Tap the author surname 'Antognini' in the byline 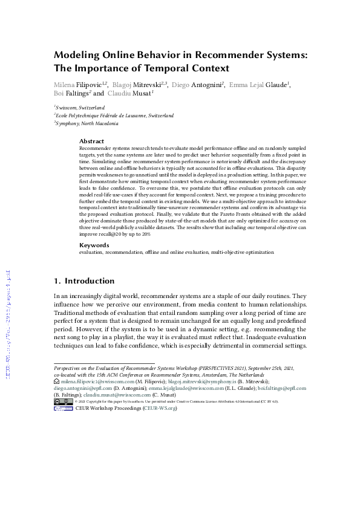click(208, 85)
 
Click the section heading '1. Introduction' click(84, 281)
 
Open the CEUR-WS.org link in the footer click(160, 408)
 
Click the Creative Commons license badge click(64, 401)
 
